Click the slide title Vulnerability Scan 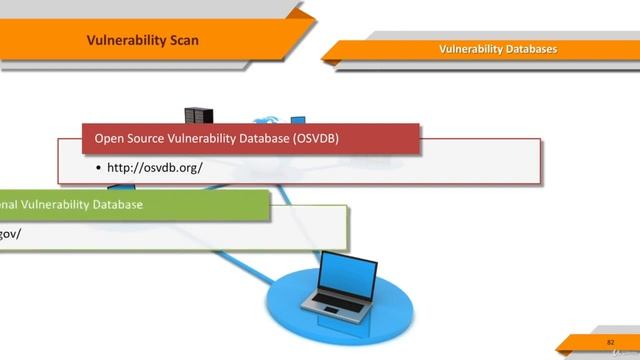pyautogui.click(x=143, y=41)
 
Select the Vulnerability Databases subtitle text pyautogui.click(x=498, y=49)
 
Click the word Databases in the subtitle pyautogui.click(x=531, y=49)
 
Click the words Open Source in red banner pyautogui.click(x=127, y=138)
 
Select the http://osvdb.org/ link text pyautogui.click(x=155, y=167)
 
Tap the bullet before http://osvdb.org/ pyautogui.click(x=98, y=167)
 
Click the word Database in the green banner pyautogui.click(x=116, y=204)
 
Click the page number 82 pyautogui.click(x=610, y=342)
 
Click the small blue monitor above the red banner pyautogui.click(x=298, y=121)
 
